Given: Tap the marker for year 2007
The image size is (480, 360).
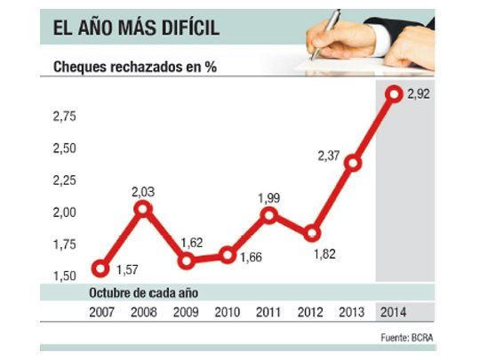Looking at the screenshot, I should click(x=100, y=268).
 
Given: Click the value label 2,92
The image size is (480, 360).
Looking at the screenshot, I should click(x=419, y=94).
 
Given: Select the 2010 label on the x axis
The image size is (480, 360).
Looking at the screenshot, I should click(x=227, y=312).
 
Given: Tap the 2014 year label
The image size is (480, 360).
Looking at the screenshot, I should click(x=394, y=312).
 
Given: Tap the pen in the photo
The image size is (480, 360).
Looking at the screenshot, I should click(x=324, y=27).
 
